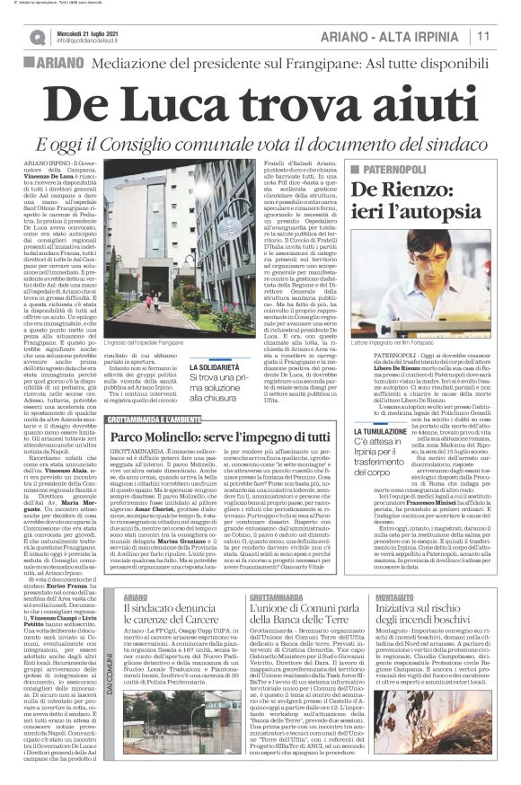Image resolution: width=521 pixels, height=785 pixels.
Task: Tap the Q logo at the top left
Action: (36, 37)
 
